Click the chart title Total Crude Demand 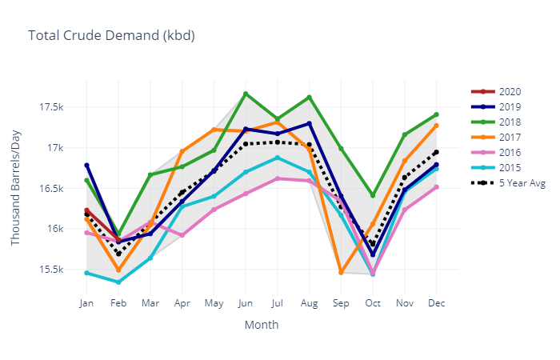tap(111, 35)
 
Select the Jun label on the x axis tap(246, 304)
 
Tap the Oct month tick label tap(373, 304)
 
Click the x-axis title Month tap(261, 325)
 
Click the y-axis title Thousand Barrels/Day tap(16, 188)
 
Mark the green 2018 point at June tap(246, 94)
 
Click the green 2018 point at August tap(309, 98)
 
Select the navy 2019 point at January tap(86, 165)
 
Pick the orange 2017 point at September tap(341, 273)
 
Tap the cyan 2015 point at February tap(118, 282)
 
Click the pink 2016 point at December tap(436, 187)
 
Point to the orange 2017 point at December tap(436, 126)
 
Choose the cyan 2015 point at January tap(86, 273)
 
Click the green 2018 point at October tap(373, 195)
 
